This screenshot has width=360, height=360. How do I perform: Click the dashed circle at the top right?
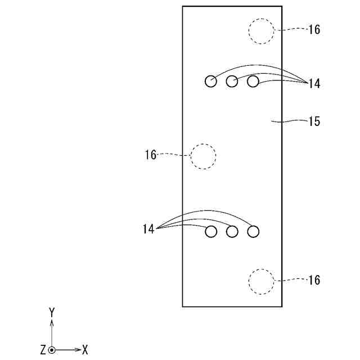(x=262, y=31)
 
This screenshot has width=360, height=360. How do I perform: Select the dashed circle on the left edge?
(x=203, y=156)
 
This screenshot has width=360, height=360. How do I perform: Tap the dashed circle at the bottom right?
(x=262, y=281)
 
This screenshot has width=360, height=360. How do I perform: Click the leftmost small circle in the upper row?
(x=210, y=82)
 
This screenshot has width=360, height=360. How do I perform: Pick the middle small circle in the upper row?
(x=232, y=82)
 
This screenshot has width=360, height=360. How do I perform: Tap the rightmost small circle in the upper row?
(x=253, y=82)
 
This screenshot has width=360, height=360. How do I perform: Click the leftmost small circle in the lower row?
(x=211, y=231)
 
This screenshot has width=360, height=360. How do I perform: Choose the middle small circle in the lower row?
(x=232, y=231)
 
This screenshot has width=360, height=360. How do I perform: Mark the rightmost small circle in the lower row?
(x=253, y=231)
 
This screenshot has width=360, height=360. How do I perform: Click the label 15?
(x=314, y=121)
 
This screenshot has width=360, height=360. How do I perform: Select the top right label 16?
(x=314, y=30)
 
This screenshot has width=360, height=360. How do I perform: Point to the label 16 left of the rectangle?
(x=150, y=155)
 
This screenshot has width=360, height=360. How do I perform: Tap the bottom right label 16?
(x=314, y=280)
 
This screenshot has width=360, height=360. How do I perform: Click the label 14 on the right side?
(x=314, y=84)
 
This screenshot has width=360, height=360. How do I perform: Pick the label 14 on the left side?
(x=148, y=229)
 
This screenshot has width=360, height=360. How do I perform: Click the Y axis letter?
(x=52, y=312)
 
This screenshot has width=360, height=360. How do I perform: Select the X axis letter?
(x=85, y=350)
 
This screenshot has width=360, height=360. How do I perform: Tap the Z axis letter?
(x=43, y=350)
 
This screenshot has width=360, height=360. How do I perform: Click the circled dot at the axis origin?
(x=52, y=350)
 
